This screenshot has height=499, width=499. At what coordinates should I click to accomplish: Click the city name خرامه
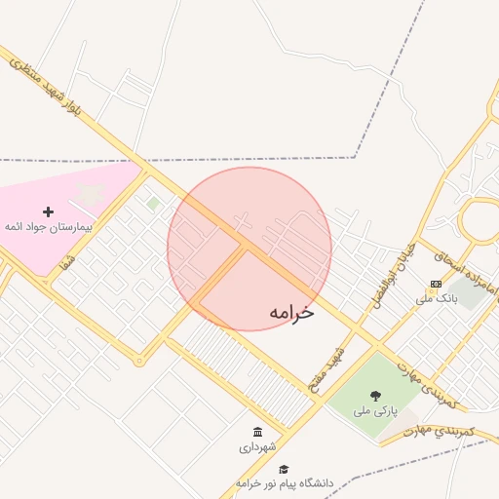tap(292, 312)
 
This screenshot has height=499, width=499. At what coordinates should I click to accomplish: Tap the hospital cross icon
tap(48, 210)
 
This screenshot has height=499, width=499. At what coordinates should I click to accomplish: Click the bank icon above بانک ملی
tap(434, 284)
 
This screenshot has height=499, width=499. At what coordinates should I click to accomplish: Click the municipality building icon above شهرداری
tap(257, 432)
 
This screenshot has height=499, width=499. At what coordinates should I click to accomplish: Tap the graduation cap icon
tap(284, 469)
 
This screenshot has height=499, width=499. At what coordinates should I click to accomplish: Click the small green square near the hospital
tap(154, 203)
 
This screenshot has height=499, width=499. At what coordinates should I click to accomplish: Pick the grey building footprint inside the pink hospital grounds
tap(91, 194)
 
